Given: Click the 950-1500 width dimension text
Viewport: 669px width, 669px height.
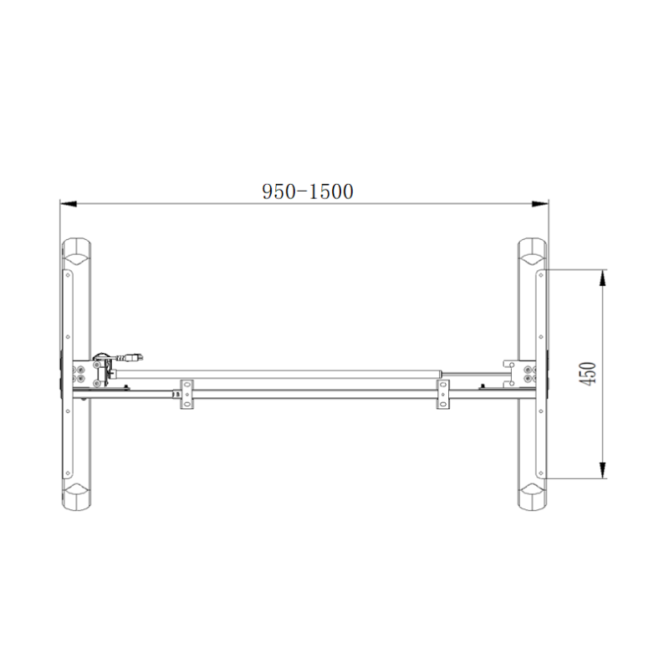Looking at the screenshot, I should coord(307,192).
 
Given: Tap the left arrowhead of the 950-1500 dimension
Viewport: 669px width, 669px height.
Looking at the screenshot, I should coord(65,202).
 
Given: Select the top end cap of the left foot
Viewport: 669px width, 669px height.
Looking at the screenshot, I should coord(77,251).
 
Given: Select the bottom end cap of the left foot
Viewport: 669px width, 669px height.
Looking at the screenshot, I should coord(77,497).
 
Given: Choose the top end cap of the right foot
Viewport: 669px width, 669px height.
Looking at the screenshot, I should coord(531,251).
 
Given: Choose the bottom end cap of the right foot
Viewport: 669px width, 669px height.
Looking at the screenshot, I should coord(531,497).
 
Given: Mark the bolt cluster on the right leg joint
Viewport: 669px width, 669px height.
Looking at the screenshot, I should coord(528,374).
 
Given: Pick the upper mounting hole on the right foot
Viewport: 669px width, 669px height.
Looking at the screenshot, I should coord(541,272).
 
